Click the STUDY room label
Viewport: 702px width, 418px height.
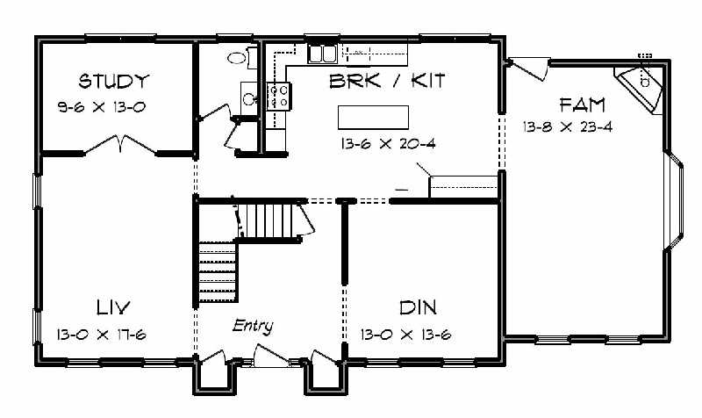[113, 81]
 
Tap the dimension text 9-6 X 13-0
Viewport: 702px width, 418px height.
[102, 107]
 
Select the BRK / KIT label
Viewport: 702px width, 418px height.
[387, 81]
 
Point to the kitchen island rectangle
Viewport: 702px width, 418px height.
[374, 118]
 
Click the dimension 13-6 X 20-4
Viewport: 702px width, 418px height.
[388, 144]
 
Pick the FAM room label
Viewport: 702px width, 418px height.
[583, 105]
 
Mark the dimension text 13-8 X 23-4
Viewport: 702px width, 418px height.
[568, 126]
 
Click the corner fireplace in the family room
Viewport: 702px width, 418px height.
[639, 90]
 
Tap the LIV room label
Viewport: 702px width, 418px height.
[113, 307]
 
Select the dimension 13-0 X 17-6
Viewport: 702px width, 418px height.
[102, 335]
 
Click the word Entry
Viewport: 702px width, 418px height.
[253, 326]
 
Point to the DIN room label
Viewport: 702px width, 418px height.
[418, 307]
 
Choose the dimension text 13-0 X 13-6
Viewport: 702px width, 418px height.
[406, 335]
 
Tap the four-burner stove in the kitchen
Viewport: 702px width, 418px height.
[278, 97]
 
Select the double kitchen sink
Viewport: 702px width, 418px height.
[322, 54]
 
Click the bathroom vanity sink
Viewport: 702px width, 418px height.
[249, 98]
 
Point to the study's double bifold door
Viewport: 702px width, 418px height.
[120, 144]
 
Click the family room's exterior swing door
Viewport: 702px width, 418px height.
[528, 68]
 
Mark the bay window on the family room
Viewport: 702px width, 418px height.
[674, 200]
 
